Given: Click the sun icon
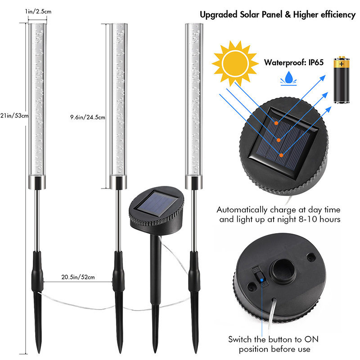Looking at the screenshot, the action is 235,63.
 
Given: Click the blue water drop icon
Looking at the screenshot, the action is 288,78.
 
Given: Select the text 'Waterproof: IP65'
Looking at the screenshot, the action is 294,63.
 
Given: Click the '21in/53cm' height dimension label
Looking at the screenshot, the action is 14,116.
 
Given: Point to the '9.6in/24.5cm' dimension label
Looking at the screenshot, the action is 88,117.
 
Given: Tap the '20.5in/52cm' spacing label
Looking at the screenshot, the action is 78,277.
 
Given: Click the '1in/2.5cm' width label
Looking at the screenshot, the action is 38,12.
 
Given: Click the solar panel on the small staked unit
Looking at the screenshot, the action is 156,204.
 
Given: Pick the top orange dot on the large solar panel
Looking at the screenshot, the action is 276,123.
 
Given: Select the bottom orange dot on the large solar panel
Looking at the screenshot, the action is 281,155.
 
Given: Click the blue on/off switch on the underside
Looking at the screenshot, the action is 261,279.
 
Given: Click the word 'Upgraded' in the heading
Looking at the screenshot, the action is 219,15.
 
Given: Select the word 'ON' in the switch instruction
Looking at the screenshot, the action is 311,339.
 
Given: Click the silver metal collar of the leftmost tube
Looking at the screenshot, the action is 37,183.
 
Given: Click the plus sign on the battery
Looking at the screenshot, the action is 342,64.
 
